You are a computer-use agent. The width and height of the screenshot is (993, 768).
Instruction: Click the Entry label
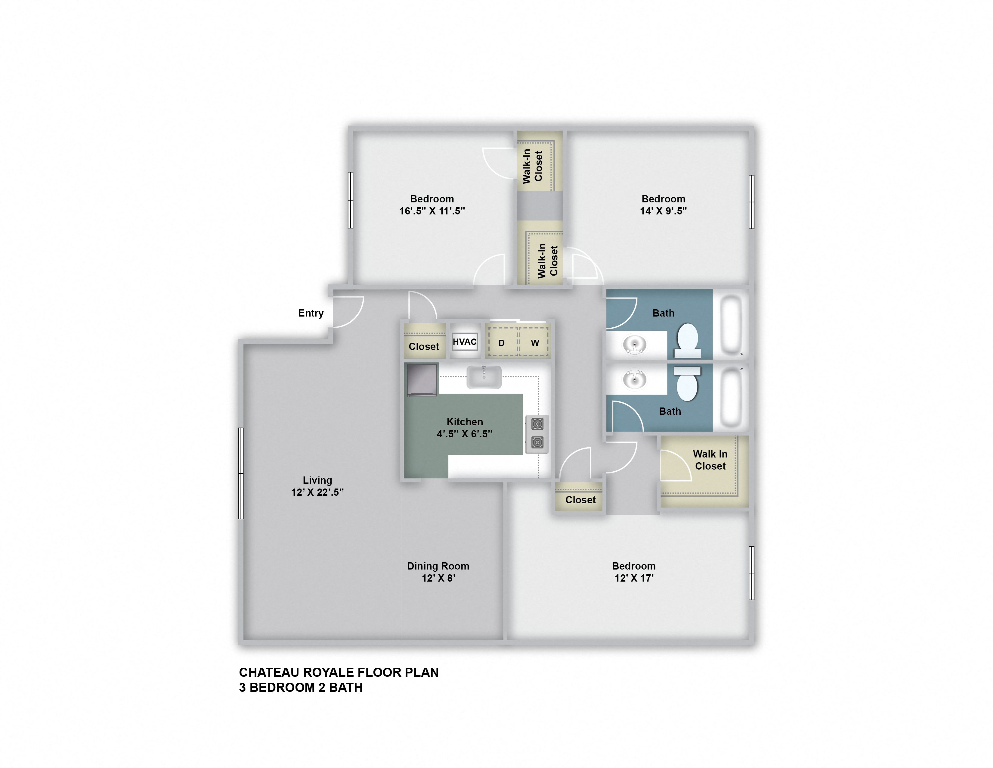pyautogui.click(x=311, y=313)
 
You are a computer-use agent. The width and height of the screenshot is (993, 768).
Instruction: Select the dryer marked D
pyautogui.click(x=502, y=342)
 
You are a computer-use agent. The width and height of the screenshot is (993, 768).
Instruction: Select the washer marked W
pyautogui.click(x=535, y=342)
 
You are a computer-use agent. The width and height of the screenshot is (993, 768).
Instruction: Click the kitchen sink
pyautogui.click(x=484, y=377)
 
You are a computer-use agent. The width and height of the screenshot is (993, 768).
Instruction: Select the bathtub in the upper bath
pyautogui.click(x=731, y=324)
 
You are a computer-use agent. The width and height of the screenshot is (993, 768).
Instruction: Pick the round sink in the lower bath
pyautogui.click(x=634, y=379)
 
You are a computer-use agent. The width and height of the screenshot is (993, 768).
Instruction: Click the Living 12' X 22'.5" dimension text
pyautogui.click(x=317, y=492)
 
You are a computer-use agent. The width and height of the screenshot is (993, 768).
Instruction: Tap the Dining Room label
pyautogui.click(x=438, y=566)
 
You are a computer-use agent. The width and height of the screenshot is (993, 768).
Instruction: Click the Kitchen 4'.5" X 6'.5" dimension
pyautogui.click(x=464, y=434)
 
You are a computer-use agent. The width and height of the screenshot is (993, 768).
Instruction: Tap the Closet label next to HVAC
pyautogui.click(x=424, y=346)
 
